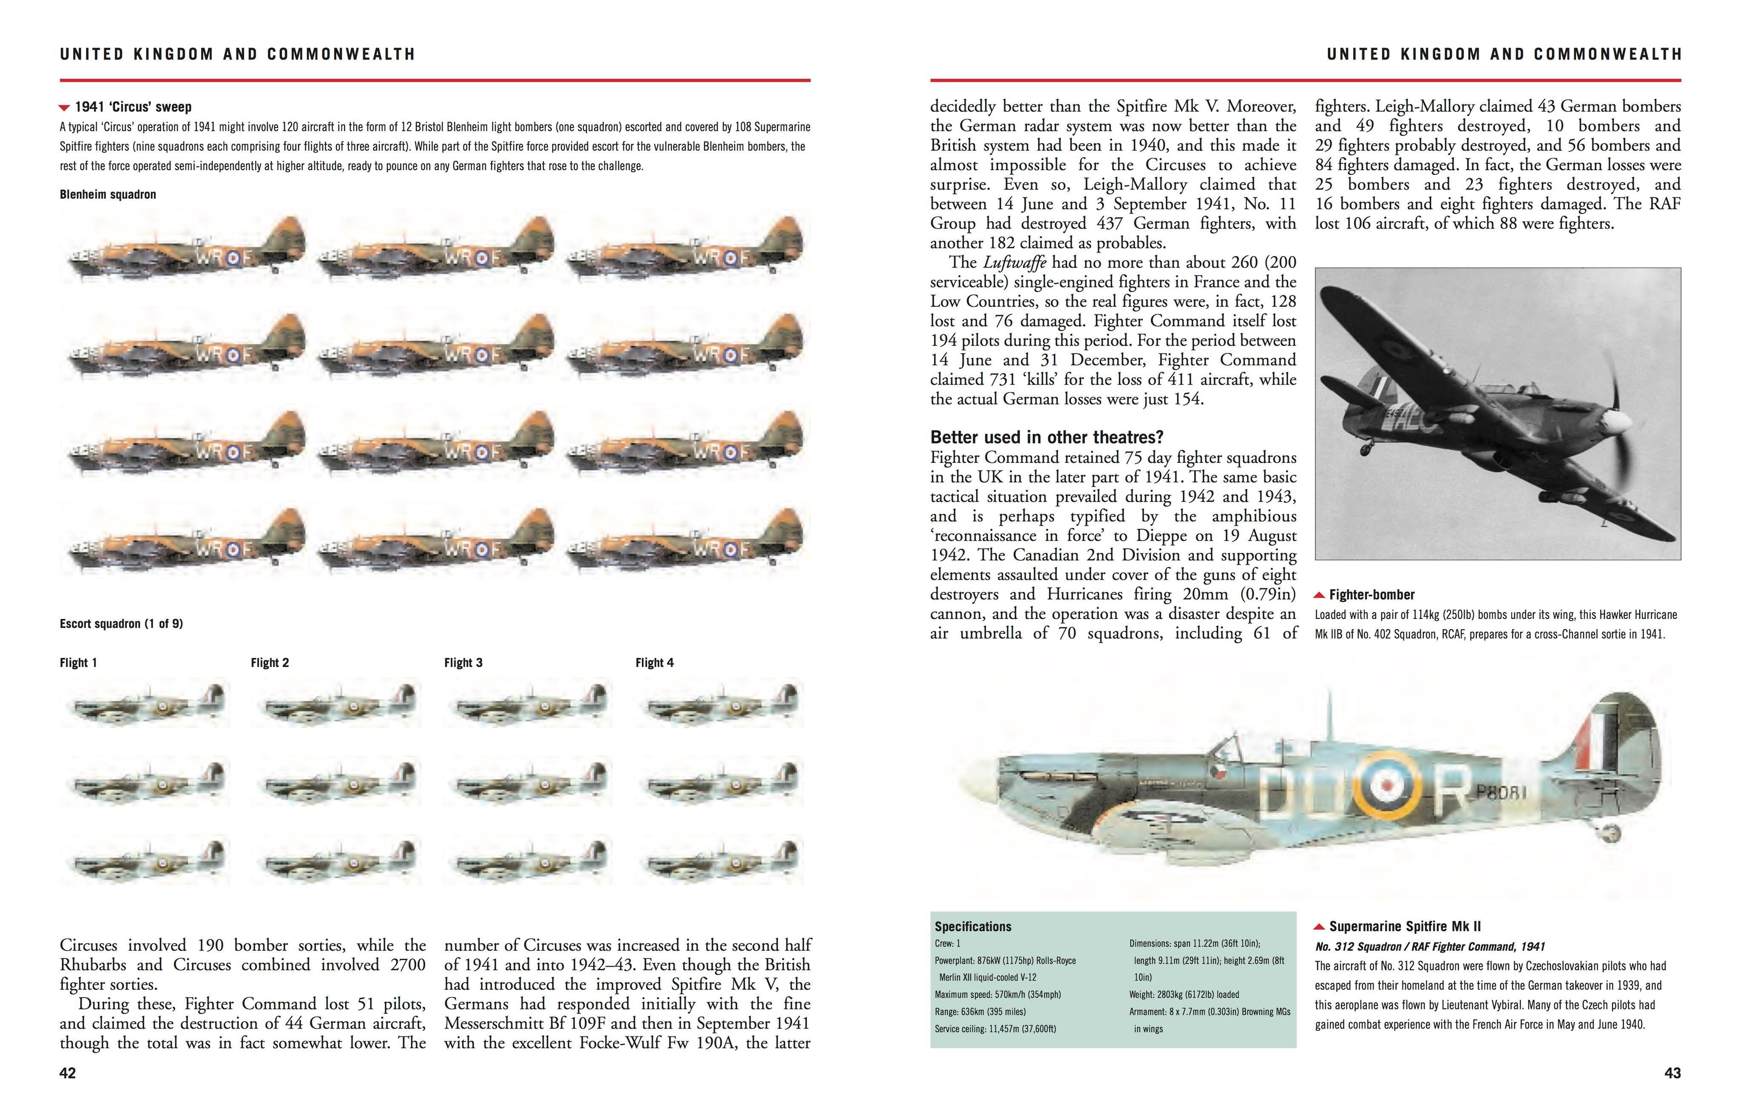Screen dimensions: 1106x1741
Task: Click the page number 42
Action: [67, 1073]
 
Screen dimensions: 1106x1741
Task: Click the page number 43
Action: [1672, 1073]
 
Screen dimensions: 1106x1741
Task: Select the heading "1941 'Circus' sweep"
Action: [133, 107]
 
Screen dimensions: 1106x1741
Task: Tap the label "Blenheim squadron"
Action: [108, 194]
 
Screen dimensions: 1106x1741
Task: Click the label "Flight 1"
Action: [78, 663]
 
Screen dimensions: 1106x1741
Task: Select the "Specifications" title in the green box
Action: [972, 926]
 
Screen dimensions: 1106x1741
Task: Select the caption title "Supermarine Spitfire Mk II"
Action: [1406, 926]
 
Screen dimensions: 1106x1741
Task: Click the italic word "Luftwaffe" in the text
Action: [1014, 262]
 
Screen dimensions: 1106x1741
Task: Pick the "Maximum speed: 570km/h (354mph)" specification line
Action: [998, 995]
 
